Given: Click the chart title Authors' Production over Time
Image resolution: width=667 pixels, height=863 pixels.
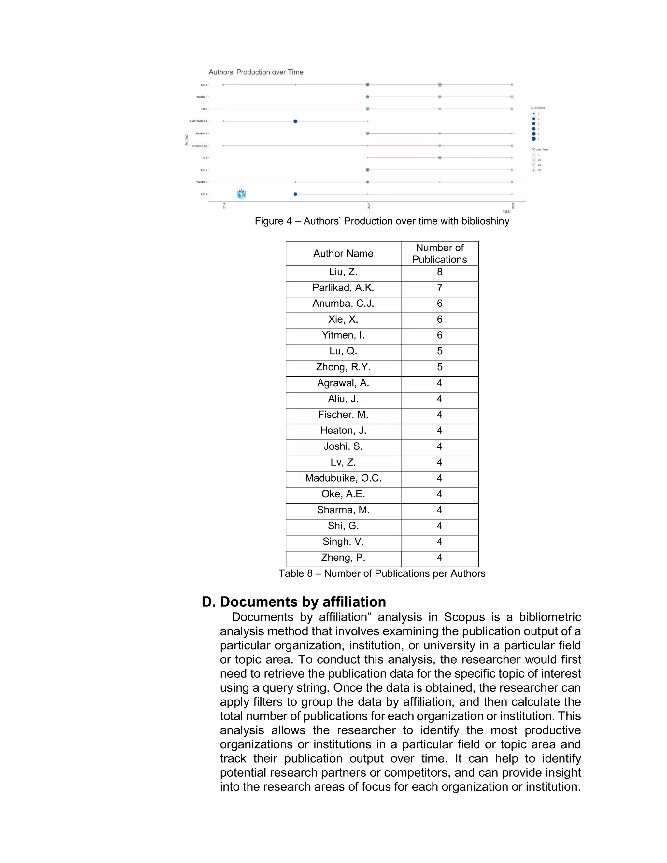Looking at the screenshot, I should click(256, 72).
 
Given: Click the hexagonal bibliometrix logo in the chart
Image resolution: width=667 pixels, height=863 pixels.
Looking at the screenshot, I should click(241, 194).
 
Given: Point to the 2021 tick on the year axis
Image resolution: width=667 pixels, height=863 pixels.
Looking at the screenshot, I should click(368, 206).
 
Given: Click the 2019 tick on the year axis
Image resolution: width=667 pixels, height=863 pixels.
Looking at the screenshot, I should click(224, 206).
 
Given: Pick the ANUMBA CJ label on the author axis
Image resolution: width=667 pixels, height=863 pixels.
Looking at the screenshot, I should click(200, 146).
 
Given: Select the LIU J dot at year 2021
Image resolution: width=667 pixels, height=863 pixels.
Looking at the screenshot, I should click(367, 170).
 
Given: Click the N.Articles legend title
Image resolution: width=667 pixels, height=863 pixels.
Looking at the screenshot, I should click(538, 108).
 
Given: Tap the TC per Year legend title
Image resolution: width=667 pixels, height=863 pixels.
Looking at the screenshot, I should click(539, 149).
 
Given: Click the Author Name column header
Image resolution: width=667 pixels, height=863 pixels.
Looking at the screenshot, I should click(343, 254).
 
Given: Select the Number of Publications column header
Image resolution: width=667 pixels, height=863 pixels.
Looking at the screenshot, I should click(439, 253).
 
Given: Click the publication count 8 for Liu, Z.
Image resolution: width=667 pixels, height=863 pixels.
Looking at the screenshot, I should click(439, 272).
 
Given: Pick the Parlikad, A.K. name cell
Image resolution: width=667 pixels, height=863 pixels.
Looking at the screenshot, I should click(343, 288).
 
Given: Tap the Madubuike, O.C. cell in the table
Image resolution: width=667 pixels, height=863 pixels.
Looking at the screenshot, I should click(343, 478).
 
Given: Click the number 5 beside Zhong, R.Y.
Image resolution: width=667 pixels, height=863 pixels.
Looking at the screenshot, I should click(439, 367).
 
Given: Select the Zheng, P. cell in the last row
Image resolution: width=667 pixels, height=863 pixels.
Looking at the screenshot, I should click(343, 558).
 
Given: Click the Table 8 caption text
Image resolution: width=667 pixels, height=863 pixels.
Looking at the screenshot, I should click(382, 573).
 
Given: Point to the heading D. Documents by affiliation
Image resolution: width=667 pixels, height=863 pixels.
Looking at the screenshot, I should click(293, 602).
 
